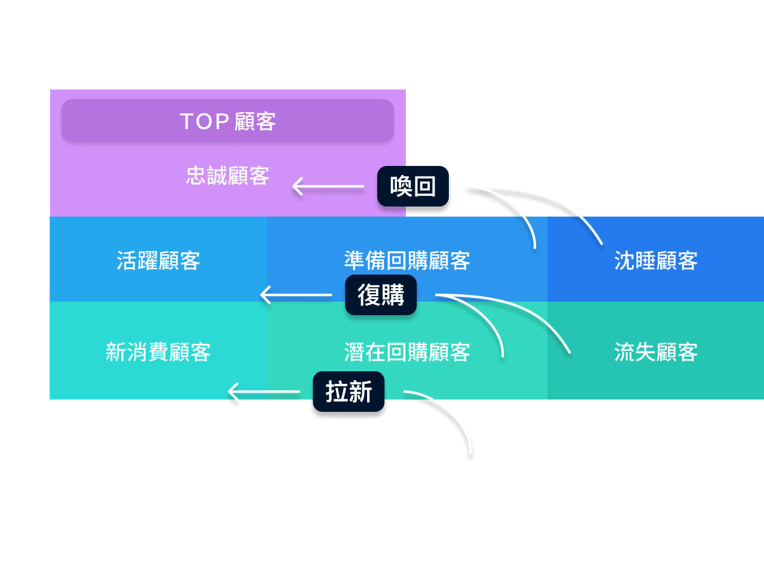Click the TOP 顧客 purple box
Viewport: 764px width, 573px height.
pos(227,121)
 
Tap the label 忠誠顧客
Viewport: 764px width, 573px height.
pos(227,175)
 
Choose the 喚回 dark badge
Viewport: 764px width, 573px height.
pos(413,186)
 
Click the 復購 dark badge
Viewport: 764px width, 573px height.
pos(381,295)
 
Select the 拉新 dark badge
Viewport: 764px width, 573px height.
pos(349,392)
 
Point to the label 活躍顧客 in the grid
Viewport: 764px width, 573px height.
pos(158,261)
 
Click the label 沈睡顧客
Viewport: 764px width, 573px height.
pos(655,261)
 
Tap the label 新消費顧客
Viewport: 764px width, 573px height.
pos(158,352)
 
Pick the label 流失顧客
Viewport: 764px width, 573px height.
pos(655,352)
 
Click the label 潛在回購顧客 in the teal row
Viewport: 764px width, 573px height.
pos(407,352)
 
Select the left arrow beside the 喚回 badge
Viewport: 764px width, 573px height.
pos(328,186)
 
